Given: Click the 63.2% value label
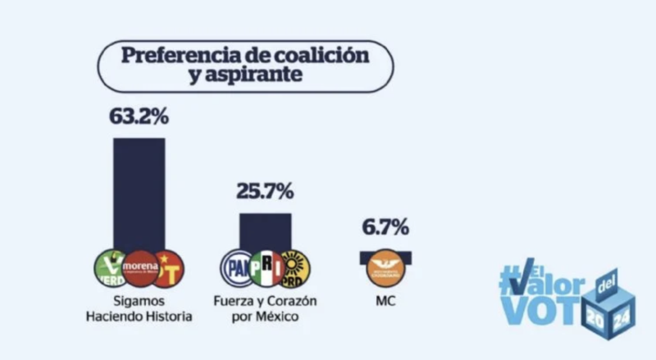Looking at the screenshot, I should (139, 116).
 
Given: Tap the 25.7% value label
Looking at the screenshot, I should (265, 192).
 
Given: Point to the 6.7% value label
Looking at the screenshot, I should (385, 229).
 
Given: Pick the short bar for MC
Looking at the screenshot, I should (385, 255).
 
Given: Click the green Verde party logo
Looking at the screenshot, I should (110, 267).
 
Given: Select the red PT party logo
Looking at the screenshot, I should (169, 268).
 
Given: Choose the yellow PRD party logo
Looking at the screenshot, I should (294, 268).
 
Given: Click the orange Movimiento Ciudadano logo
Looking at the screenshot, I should (385, 268).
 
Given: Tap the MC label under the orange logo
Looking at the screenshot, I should (385, 301).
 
